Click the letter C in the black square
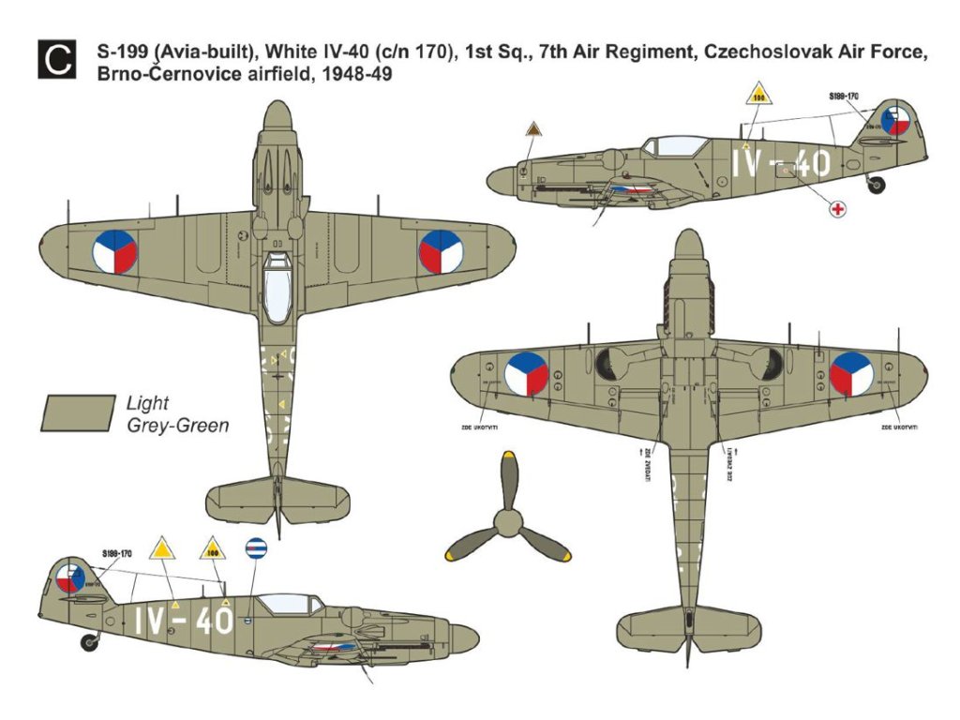click(56, 62)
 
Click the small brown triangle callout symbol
click(533, 129)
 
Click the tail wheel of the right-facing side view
click(877, 185)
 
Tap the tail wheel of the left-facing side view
click(90, 642)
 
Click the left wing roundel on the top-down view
click(114, 252)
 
